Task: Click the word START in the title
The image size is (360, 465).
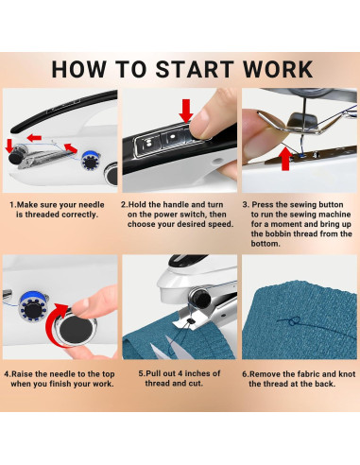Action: (195, 69)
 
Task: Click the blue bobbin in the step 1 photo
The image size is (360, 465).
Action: (91, 161)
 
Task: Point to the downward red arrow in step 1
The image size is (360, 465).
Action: (9, 146)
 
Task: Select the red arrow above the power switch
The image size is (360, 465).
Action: (186, 111)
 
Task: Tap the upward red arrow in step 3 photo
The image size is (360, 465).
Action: (285, 159)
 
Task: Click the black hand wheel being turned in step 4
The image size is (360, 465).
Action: (77, 329)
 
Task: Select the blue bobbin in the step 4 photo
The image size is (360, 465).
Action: (33, 307)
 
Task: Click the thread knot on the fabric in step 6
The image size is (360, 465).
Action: (294, 321)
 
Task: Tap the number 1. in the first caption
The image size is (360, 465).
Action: (13, 205)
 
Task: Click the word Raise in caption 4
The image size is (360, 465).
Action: (22, 374)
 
